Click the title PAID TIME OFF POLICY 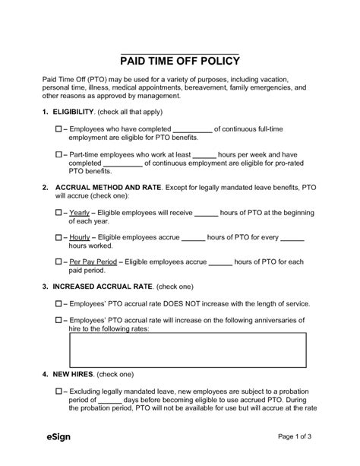click(180, 61)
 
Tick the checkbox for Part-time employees click(60, 154)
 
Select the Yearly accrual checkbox click(60, 213)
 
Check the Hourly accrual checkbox click(60, 238)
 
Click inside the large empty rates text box click(188, 350)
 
